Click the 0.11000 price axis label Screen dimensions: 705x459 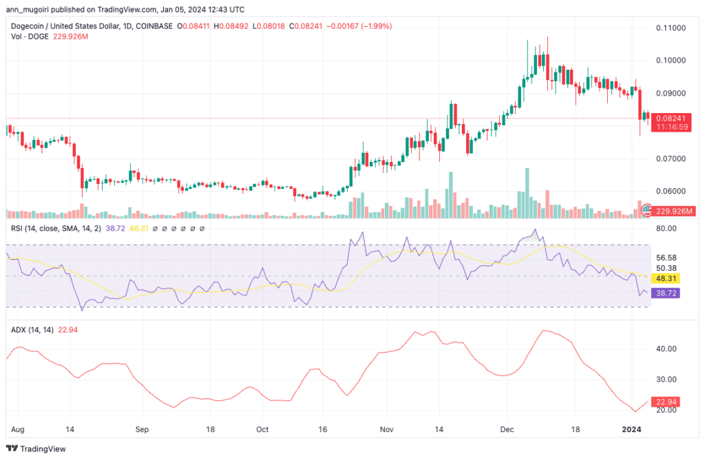pyautogui.click(x=671, y=28)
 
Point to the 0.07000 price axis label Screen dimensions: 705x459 pyautogui.click(x=671, y=159)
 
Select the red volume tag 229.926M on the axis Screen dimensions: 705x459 pyautogui.click(x=673, y=211)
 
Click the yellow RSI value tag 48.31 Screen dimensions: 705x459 pyautogui.click(x=666, y=278)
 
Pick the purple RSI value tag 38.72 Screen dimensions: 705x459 pyautogui.click(x=666, y=294)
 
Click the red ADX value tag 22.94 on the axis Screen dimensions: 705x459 pyautogui.click(x=666, y=402)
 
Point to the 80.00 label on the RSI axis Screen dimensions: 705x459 pyautogui.click(x=666, y=228)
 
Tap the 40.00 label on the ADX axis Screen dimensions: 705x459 pyautogui.click(x=666, y=349)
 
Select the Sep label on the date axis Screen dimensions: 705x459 pyautogui.click(x=142, y=429)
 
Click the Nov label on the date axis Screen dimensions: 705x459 pyautogui.click(x=387, y=429)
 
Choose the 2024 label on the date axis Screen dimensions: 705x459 pyautogui.click(x=631, y=429)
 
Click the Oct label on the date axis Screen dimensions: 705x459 pyautogui.click(x=262, y=429)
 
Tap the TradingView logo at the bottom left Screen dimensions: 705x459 pyautogui.click(x=36, y=449)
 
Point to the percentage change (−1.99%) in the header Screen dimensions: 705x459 pyautogui.click(x=377, y=26)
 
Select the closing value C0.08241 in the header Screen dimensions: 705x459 pyautogui.click(x=306, y=26)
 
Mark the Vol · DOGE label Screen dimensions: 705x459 pyautogui.click(x=30, y=37)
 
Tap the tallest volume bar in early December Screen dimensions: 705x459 pyautogui.click(x=527, y=193)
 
